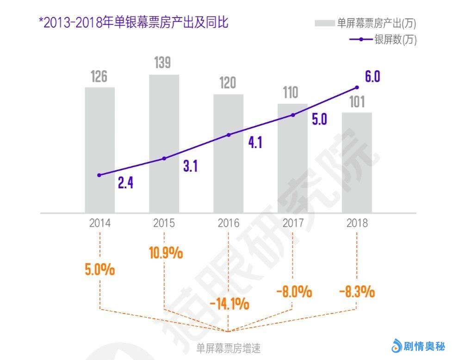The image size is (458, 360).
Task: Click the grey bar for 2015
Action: point(164,143)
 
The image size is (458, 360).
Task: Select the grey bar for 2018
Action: point(357,162)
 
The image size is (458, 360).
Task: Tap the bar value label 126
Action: point(99,76)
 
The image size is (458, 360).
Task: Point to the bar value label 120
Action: point(228,83)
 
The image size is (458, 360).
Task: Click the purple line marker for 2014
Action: point(99,175)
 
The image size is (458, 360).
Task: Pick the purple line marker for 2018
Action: point(357,87)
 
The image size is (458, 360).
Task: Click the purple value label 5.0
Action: point(319,120)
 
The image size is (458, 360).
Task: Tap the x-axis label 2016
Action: point(228,223)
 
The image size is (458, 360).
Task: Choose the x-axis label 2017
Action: point(292,223)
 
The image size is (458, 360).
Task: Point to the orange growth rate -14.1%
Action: point(229,304)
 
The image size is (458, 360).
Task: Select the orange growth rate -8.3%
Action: point(357,292)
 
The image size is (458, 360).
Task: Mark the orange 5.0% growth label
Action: point(99,270)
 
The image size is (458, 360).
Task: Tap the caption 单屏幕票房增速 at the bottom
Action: point(229,347)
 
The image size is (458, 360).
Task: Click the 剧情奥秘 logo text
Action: point(424,346)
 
